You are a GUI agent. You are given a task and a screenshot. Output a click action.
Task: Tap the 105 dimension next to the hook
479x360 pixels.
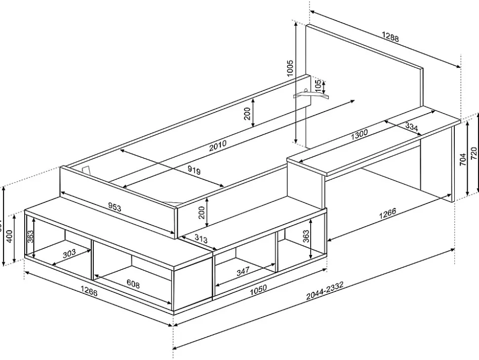[x=318, y=85]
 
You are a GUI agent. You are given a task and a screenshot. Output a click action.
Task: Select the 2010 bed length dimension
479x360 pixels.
[x=217, y=144]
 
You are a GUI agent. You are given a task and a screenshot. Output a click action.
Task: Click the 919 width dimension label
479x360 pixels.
[x=194, y=171]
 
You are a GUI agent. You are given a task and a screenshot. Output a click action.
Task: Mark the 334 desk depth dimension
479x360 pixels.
[x=411, y=127]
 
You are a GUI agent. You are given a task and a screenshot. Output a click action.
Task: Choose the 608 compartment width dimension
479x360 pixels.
[x=133, y=284]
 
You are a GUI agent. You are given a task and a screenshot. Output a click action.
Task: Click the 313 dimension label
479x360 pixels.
[x=200, y=239]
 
